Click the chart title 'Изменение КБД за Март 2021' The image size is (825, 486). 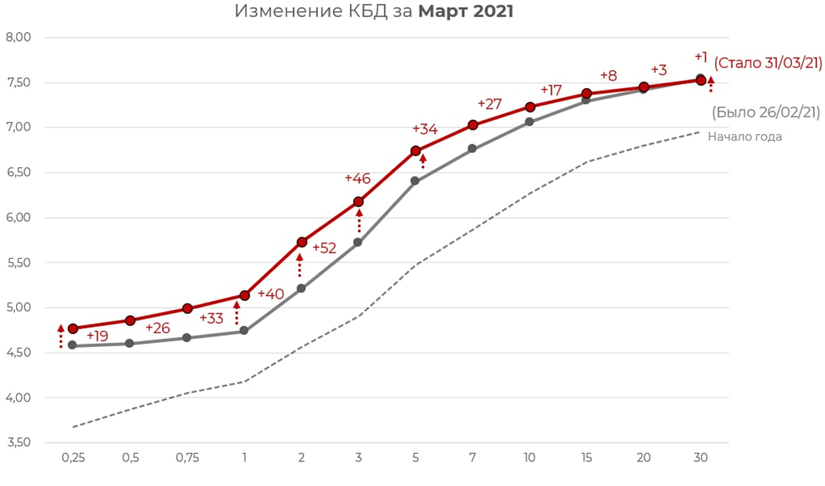tap(374, 12)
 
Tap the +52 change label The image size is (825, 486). tap(324, 249)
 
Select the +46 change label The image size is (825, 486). tap(357, 178)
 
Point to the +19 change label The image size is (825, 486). tap(97, 336)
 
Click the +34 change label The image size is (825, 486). tap(424, 129)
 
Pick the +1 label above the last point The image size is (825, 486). tap(700, 57)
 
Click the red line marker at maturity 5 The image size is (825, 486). tap(416, 151)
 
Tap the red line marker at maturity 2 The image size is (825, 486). tap(302, 243)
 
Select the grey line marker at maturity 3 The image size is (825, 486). tap(358, 243)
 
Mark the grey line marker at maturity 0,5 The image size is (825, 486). tap(130, 344)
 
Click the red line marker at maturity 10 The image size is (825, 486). tap(530, 107)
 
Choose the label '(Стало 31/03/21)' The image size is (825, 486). tap(767, 63)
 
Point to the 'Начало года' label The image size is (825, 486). tap(745, 137)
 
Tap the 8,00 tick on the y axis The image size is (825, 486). tap(18, 37)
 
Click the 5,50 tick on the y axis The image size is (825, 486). tap(18, 263)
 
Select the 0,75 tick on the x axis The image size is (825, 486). tap(187, 458)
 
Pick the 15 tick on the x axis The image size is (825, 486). tap(587, 458)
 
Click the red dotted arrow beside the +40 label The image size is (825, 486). tap(237, 313)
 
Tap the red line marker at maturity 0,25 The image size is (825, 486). tap(73, 329)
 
